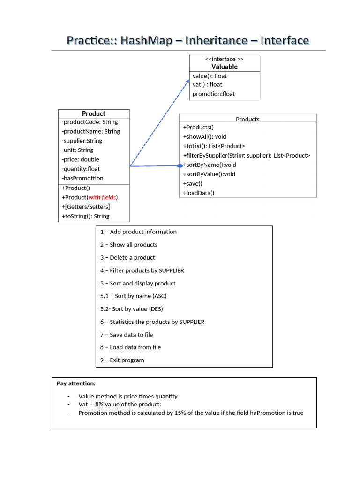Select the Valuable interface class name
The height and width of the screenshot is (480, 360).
[225, 67]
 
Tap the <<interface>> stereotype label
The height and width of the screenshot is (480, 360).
[225, 59]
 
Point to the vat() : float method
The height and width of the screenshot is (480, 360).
[207, 85]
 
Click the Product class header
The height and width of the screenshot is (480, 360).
[94, 113]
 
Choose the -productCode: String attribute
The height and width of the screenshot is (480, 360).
[90, 122]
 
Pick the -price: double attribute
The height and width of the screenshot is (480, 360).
[80, 159]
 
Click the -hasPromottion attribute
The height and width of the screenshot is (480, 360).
[82, 178]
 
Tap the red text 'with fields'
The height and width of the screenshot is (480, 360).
[102, 197]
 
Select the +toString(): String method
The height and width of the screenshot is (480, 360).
[85, 216]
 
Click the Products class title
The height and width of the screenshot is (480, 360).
[247, 119]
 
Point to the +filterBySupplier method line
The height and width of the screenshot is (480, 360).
[246, 155]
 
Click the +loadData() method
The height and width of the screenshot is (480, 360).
[198, 193]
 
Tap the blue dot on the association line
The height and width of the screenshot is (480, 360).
[180, 165]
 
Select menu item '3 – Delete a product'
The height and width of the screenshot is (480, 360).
[127, 257]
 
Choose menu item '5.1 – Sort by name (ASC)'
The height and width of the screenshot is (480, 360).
[133, 296]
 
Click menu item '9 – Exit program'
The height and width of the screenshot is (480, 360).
[122, 360]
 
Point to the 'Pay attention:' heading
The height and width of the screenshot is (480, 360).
[76, 383]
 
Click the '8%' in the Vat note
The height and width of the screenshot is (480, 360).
[99, 404]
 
